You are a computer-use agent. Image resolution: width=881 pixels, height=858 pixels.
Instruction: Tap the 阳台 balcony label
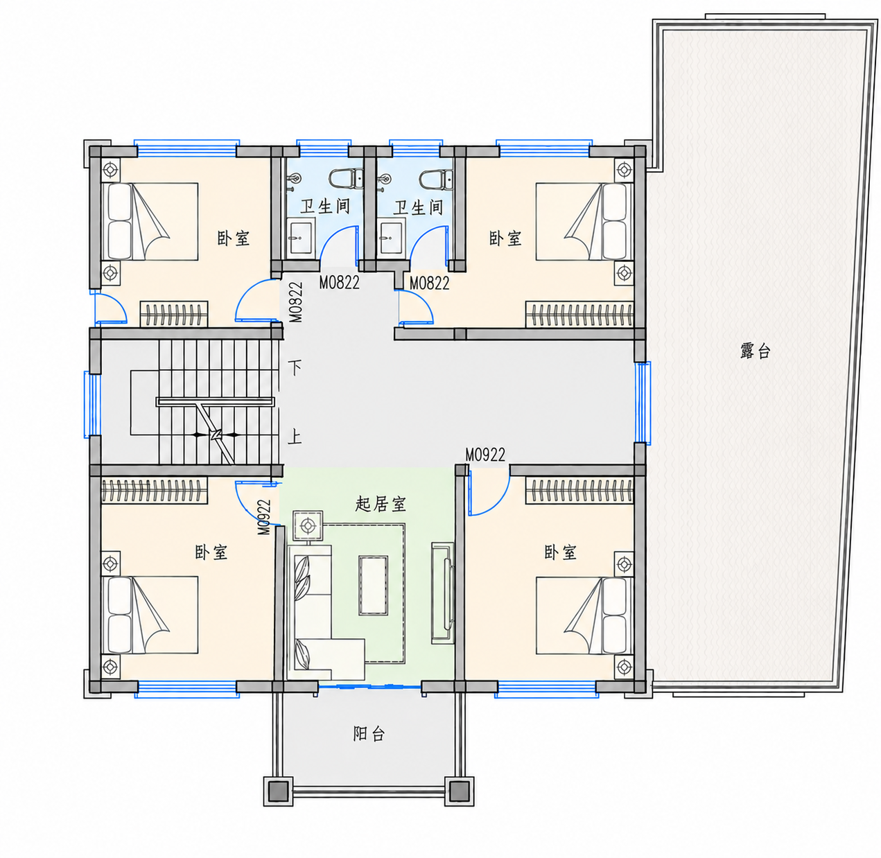click(x=369, y=733)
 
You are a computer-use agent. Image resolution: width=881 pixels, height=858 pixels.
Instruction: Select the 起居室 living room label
click(x=381, y=504)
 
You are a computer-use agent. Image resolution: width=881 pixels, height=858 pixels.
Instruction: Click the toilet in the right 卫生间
click(x=437, y=179)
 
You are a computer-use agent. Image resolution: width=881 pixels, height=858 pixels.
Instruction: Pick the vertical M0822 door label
click(x=297, y=302)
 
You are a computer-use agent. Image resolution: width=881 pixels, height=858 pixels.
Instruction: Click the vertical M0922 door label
click(x=264, y=517)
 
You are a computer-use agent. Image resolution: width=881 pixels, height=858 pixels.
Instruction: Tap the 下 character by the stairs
click(x=295, y=367)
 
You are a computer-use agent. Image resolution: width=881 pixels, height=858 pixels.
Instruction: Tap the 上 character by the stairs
click(x=295, y=438)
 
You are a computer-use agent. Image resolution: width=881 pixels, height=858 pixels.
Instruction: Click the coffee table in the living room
click(x=374, y=586)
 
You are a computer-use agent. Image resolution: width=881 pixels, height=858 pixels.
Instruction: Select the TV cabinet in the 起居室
click(x=442, y=593)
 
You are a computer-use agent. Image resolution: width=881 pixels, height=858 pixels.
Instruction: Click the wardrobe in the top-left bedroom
click(x=174, y=314)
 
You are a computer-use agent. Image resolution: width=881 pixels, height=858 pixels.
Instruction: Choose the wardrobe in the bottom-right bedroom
click(x=579, y=491)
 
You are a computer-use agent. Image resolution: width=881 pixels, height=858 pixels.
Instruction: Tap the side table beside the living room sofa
click(x=308, y=525)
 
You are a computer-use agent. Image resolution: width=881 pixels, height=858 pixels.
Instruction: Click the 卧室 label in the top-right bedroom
click(x=505, y=238)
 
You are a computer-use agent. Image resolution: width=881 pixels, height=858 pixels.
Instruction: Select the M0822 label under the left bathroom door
click(x=339, y=283)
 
